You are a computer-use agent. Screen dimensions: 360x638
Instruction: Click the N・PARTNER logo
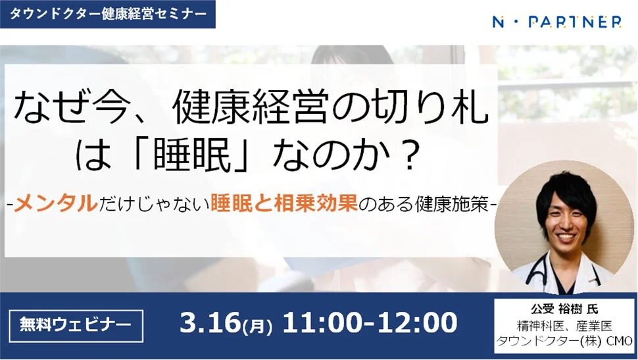(x=556, y=22)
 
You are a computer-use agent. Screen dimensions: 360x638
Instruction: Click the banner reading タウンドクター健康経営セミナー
(x=107, y=14)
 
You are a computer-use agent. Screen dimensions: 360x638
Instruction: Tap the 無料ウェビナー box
(x=76, y=324)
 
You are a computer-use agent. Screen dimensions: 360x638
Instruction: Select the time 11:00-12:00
(x=369, y=323)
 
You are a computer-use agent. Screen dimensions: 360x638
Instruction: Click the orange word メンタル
(x=56, y=205)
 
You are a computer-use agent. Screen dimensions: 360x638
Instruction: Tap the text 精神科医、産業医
(x=564, y=324)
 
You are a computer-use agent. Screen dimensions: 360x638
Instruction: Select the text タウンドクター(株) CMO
(x=564, y=341)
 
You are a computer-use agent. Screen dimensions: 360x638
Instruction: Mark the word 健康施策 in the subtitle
(x=453, y=205)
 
